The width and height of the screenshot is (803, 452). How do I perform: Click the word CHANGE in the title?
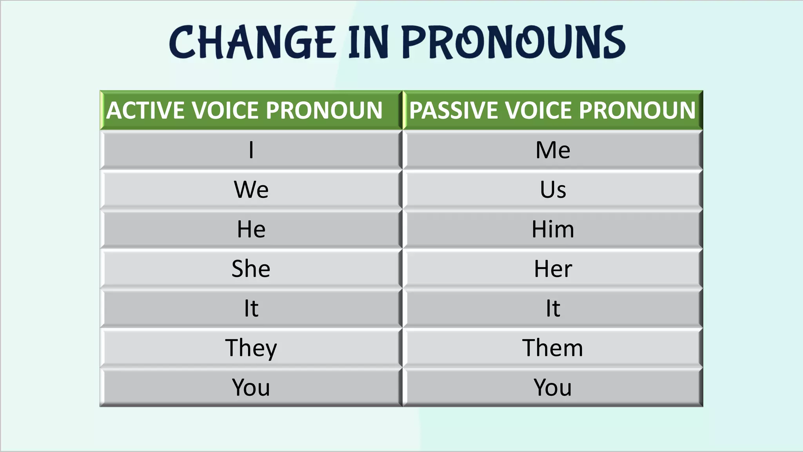pyautogui.click(x=253, y=42)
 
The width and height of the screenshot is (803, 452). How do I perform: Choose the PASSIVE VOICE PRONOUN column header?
pyautogui.click(x=552, y=110)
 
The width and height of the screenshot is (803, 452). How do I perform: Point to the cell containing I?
pyautogui.click(x=251, y=150)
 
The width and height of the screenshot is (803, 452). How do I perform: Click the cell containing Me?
pyautogui.click(x=552, y=150)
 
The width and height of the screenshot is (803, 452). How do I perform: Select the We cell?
pyautogui.click(x=251, y=190)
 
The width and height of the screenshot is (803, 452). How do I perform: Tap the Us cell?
pyautogui.click(x=552, y=190)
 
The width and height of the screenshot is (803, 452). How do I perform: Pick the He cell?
pyautogui.click(x=251, y=229)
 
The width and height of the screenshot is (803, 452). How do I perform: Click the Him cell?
pyautogui.click(x=552, y=229)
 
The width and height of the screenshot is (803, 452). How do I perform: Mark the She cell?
pyautogui.click(x=251, y=269)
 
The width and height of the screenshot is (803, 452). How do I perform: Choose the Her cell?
pyautogui.click(x=552, y=269)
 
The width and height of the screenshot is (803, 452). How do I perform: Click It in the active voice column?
pyautogui.click(x=251, y=308)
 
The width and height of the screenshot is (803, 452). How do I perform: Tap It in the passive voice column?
pyautogui.click(x=552, y=308)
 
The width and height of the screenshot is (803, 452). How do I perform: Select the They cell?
pyautogui.click(x=251, y=348)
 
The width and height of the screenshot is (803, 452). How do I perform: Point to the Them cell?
pyautogui.click(x=552, y=348)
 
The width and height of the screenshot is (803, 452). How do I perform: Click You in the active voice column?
pyautogui.click(x=251, y=388)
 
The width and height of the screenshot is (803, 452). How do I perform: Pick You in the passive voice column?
pyautogui.click(x=552, y=388)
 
